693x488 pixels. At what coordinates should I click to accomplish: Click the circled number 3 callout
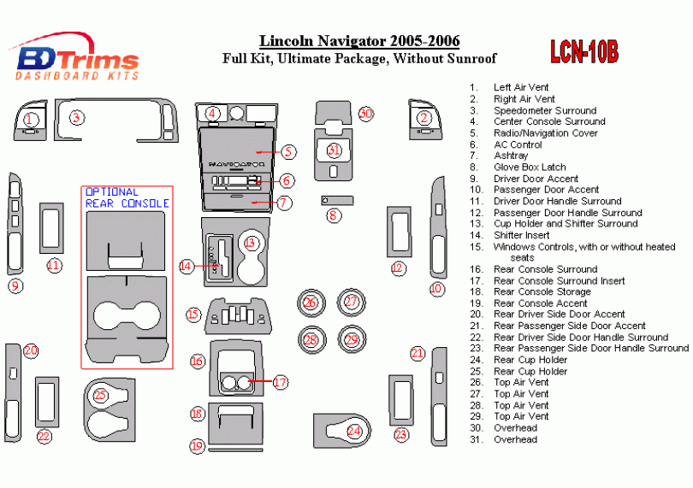point(77,118)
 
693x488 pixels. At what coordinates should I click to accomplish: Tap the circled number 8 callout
point(332,215)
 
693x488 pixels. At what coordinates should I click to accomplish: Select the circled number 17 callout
point(281,382)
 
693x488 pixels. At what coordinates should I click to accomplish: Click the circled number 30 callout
point(366,114)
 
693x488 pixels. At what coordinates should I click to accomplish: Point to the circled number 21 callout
point(418,353)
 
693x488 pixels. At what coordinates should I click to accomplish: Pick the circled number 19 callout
point(197,445)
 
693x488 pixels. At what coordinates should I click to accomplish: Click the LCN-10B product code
point(584,52)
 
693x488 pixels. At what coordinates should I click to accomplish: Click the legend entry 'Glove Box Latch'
point(530,168)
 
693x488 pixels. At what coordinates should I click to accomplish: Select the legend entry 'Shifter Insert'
point(521,235)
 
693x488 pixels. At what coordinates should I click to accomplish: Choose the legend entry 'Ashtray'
point(511,156)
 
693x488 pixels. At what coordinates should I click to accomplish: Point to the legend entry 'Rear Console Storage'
point(542,291)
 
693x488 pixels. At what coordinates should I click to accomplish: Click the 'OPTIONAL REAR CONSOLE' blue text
point(127,197)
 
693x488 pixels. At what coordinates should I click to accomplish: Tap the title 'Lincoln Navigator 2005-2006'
point(359,41)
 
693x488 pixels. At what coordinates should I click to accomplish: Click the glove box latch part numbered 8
point(339,199)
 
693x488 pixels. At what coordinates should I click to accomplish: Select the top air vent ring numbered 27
point(352,301)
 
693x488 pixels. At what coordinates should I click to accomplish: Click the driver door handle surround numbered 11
point(52,228)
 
